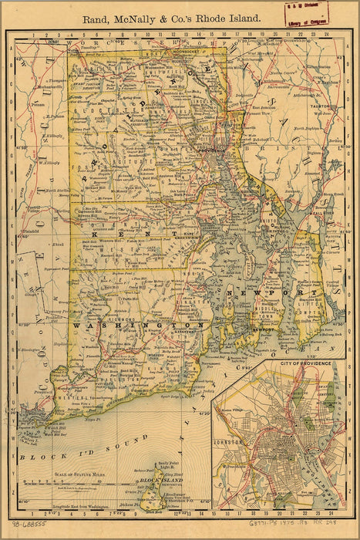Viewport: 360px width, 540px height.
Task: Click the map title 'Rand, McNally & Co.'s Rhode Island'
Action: click(x=171, y=15)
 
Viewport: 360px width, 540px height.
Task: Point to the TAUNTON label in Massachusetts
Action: click(x=320, y=105)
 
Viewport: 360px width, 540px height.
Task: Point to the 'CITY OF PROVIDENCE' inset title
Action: click(x=295, y=362)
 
